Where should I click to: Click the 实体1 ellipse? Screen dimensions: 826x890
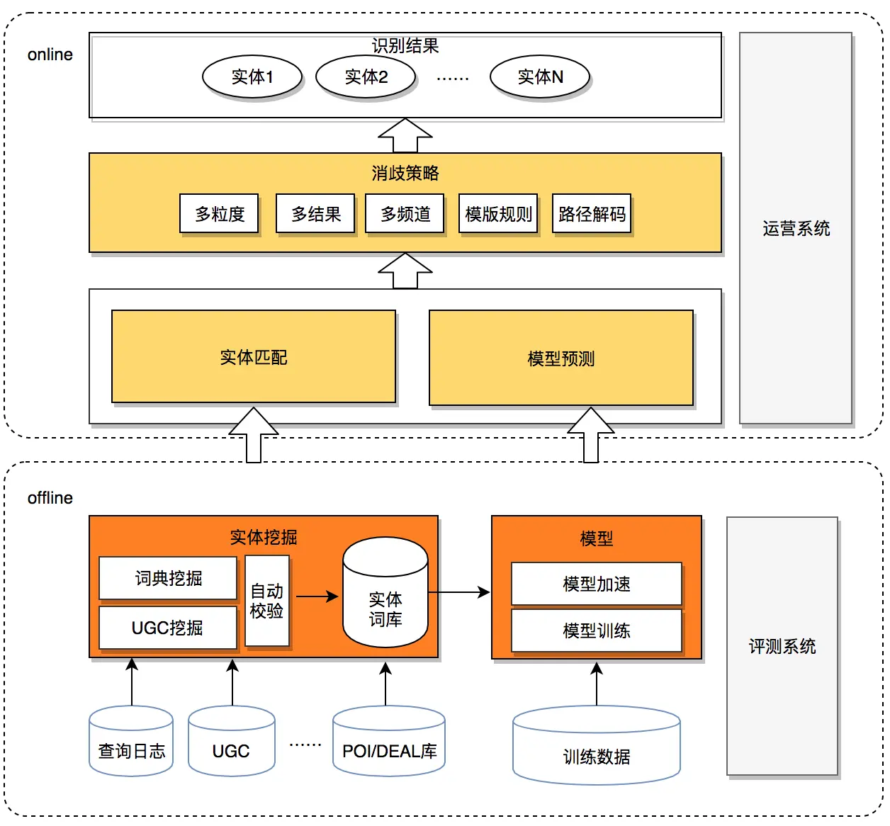pyautogui.click(x=252, y=77)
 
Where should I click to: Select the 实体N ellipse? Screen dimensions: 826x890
pyautogui.click(x=540, y=77)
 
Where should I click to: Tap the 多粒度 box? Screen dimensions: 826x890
pyautogui.click(x=219, y=213)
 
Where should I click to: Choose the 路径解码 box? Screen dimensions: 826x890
pyautogui.click(x=592, y=213)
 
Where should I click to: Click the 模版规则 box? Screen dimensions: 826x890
pyautogui.click(x=498, y=213)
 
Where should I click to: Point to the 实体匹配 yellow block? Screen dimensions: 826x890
pyautogui.click(x=254, y=357)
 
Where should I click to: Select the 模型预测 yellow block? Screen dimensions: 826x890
pyautogui.click(x=561, y=358)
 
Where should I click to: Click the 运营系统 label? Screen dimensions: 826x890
pyautogui.click(x=796, y=228)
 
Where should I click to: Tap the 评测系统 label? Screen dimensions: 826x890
pyautogui.click(x=782, y=646)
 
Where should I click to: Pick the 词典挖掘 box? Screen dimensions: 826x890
pyautogui.click(x=168, y=578)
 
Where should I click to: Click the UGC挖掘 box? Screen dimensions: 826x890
pyautogui.click(x=168, y=628)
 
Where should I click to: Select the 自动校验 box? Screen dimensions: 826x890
pyautogui.click(x=267, y=601)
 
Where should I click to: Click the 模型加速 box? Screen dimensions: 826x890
pyautogui.click(x=596, y=584)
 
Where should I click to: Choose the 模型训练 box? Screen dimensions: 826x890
pyautogui.click(x=596, y=630)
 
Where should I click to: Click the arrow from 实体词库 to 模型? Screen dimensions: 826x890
pyautogui.click(x=459, y=592)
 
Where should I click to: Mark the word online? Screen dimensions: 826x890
pyautogui.click(x=50, y=55)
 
